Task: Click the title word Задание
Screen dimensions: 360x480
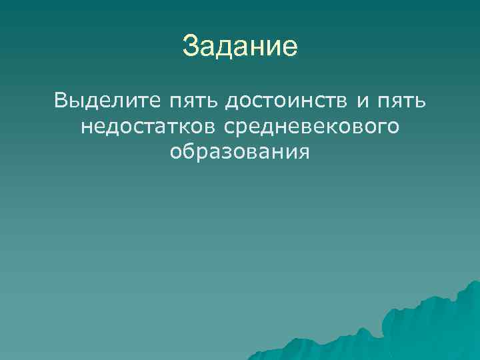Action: (x=239, y=47)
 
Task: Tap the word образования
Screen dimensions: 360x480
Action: (x=240, y=151)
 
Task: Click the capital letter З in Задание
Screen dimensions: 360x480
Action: (x=190, y=47)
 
